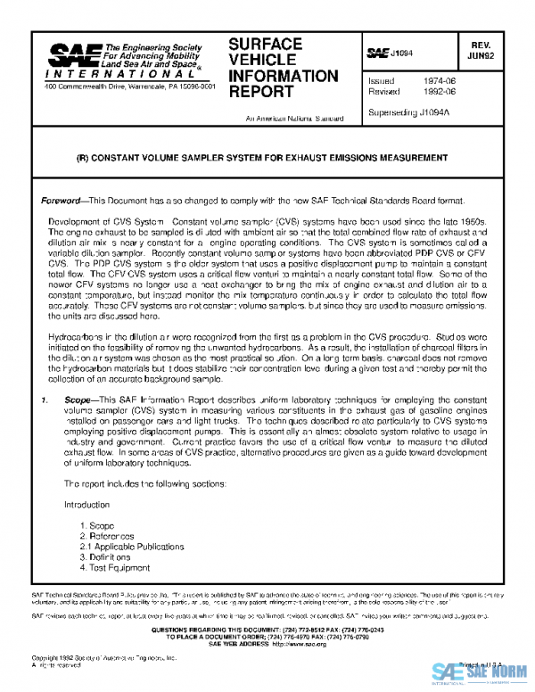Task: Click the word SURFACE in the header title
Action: pos(265,44)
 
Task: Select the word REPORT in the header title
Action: pos(259,91)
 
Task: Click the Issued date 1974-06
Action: pos(442,80)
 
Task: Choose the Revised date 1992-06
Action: pos(442,91)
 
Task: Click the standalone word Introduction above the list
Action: pos(86,504)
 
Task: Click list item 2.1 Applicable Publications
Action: pos(132,547)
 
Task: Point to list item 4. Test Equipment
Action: pos(115,567)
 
